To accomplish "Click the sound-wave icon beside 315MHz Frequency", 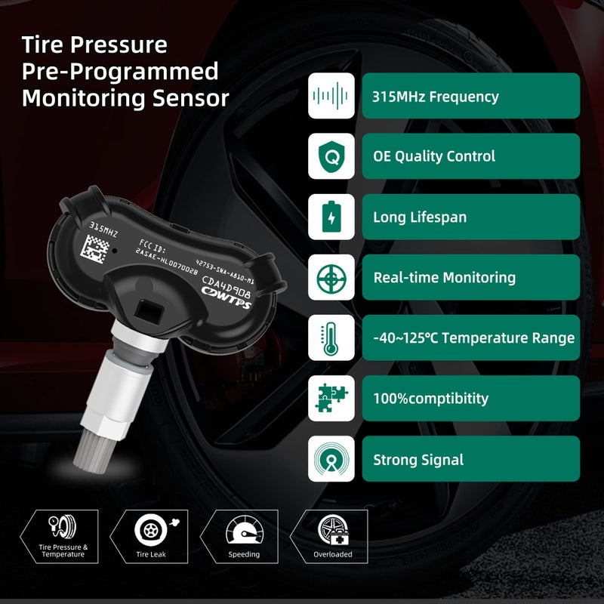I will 331,96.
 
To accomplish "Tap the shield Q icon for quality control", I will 331,156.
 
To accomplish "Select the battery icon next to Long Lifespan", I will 331,217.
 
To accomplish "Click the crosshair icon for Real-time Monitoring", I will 331,277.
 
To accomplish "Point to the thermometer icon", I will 331,338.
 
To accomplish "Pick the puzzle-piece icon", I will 331,399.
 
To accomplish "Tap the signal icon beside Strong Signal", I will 331,459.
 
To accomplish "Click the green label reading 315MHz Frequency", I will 470,96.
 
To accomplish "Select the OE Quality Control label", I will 470,156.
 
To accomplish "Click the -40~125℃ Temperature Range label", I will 470,338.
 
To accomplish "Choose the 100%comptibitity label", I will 470,399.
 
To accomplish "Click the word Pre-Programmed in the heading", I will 120,72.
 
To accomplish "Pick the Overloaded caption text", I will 332,554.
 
